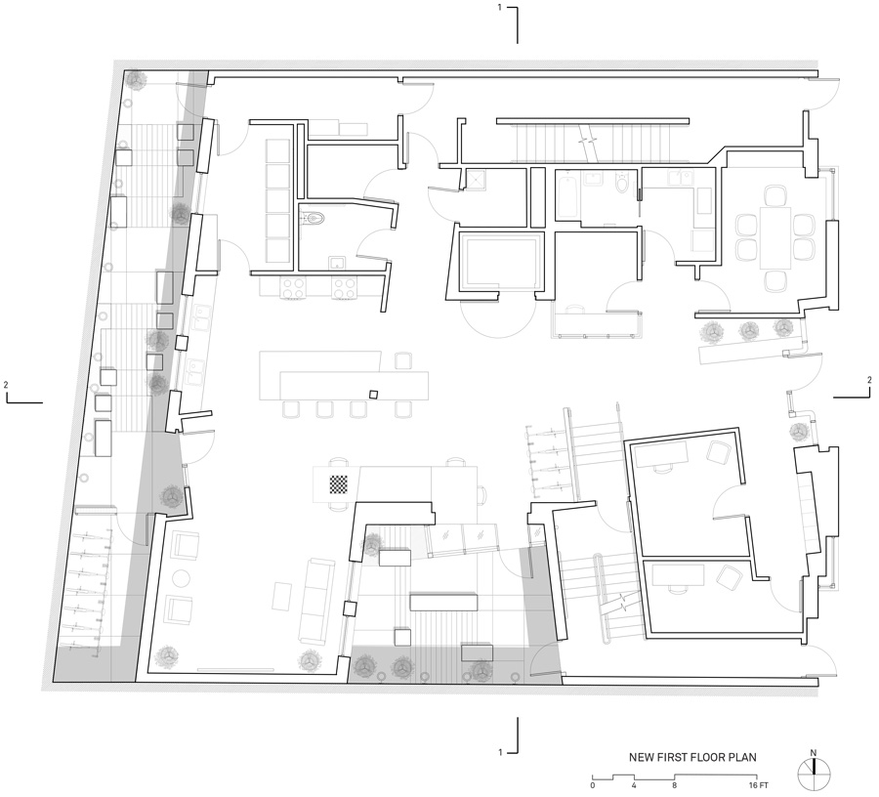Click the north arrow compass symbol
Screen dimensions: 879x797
coord(814,774)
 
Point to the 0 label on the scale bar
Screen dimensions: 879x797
coord(593,785)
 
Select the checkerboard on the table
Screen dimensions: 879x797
coord(340,483)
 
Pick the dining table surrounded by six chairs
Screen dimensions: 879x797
coord(775,238)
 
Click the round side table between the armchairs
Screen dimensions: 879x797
coord(181,578)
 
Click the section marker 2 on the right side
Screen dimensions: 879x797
coord(854,388)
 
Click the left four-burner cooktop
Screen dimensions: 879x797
coord(294,288)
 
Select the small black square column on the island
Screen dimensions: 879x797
coord(373,395)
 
